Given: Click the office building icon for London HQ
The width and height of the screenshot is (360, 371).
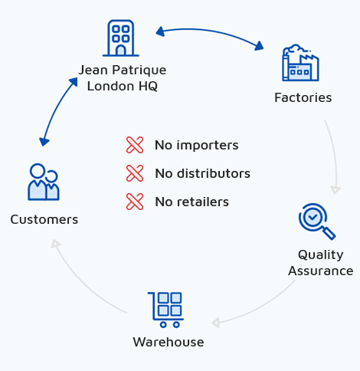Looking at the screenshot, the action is point(121,38).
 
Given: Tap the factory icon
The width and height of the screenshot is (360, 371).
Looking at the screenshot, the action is point(300,63).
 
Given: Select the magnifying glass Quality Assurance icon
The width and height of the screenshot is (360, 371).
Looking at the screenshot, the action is point(317,222).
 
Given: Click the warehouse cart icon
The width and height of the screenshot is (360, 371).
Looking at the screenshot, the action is point(165,310).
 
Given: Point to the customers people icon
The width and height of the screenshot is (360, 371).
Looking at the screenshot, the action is point(44,182).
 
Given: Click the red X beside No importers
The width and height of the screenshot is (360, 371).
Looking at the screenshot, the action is point(135,145).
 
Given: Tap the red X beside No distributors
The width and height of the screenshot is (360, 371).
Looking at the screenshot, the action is point(135,173).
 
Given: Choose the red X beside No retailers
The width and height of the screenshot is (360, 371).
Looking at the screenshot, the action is point(135,202).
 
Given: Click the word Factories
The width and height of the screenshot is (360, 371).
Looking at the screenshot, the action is point(303,97).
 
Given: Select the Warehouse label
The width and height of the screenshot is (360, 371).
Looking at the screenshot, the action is point(169,342).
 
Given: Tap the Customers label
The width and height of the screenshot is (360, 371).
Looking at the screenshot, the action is point(44,219).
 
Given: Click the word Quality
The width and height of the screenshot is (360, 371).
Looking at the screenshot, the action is point(321,255).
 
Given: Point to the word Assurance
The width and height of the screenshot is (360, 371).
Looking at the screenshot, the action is point(321,271).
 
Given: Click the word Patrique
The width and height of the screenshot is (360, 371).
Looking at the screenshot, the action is point(139,71).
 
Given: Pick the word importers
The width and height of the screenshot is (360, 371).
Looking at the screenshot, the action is point(208,146).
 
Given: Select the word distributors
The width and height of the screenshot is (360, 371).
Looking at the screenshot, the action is point(214,173).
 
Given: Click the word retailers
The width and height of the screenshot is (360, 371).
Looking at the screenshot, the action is point(203,202).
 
